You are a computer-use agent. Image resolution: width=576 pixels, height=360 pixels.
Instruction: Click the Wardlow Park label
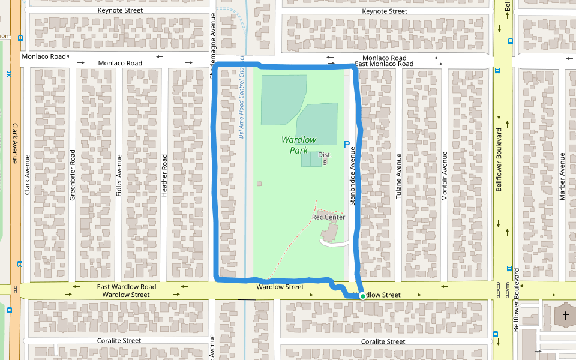299,145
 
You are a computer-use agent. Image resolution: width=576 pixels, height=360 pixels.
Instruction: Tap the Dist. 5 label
325,158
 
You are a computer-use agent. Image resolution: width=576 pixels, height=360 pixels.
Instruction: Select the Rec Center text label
328,217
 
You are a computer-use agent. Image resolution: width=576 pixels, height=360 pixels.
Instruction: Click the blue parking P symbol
346,144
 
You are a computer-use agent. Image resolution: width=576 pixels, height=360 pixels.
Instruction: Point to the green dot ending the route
362,296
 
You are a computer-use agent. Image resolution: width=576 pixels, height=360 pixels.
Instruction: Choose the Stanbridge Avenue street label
353,176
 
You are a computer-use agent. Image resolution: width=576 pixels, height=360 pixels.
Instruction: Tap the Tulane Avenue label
398,176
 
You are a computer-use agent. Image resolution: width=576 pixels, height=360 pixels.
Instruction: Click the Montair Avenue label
445,176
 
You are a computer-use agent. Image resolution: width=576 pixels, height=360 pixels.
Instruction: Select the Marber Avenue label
562,176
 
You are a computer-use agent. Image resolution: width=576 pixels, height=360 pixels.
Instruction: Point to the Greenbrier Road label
73,174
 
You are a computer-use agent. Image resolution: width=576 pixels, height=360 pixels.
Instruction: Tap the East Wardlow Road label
127,287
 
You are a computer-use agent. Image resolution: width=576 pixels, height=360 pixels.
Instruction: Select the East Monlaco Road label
384,64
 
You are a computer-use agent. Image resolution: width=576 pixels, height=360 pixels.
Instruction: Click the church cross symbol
565,314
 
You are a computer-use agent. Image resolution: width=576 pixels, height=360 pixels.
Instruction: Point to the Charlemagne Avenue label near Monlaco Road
213,45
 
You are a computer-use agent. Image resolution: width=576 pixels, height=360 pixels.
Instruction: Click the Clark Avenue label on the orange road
15,143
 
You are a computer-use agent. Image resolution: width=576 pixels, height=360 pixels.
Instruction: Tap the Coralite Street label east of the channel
383,341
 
